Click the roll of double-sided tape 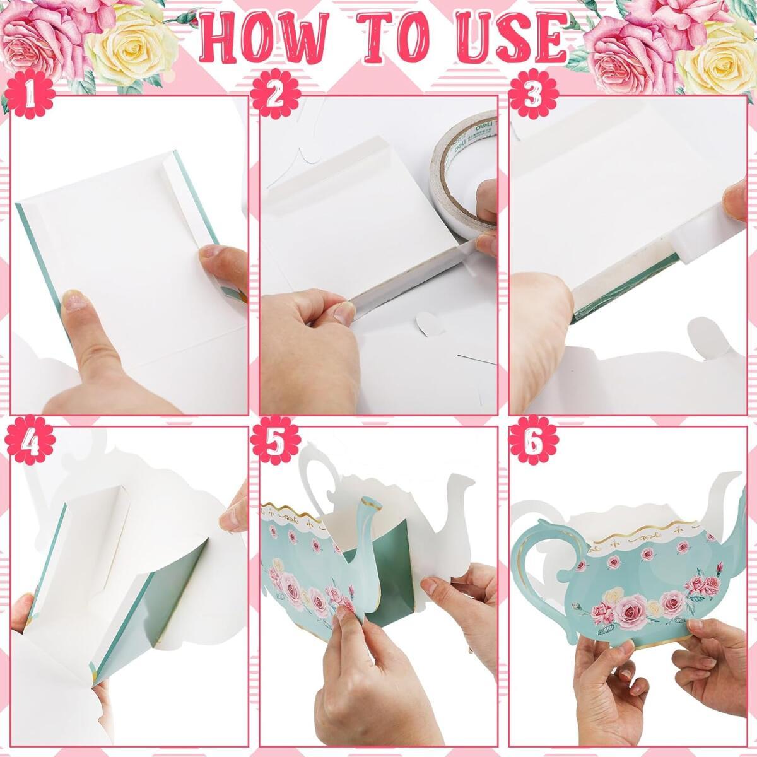coord(464,173)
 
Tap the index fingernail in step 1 coord(78,301)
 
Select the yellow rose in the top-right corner coord(719,55)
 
